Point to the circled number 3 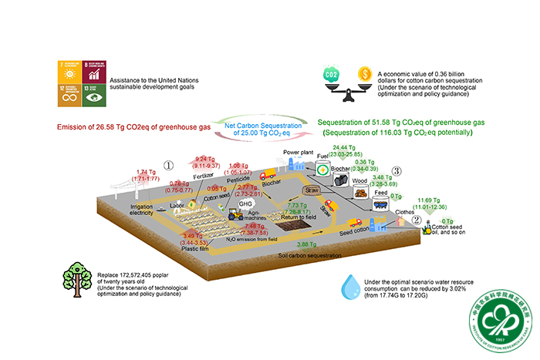(x=397, y=170)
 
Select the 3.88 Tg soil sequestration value (x=309, y=244)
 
